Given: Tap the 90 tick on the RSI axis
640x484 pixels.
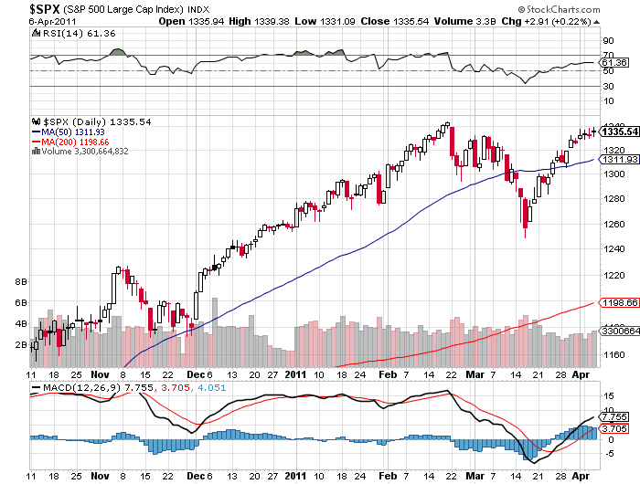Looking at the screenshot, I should point(606,40).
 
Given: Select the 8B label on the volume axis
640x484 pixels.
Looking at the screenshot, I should point(21,282).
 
